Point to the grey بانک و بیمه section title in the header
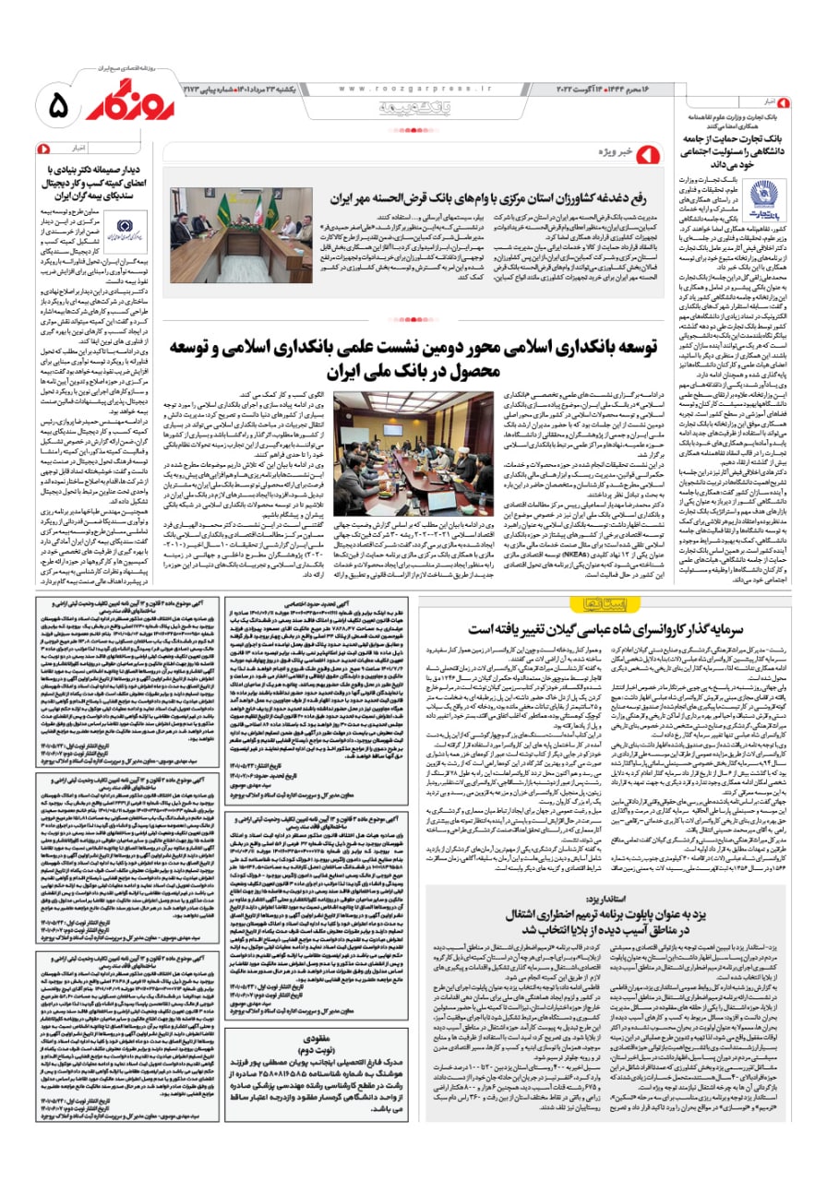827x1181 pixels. [415, 109]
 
